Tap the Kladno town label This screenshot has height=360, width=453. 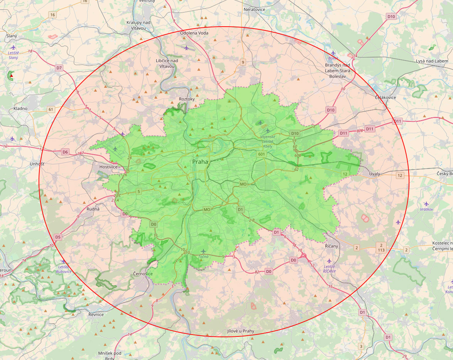pos(20,108)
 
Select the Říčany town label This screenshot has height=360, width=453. pos(331,246)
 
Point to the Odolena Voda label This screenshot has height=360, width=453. pos(194,33)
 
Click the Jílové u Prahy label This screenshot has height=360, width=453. pos(241,331)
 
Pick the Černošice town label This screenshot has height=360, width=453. pos(143,274)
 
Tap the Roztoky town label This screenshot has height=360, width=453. pos(187,99)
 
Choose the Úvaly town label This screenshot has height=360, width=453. pos(374,174)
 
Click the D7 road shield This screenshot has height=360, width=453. pos(59,68)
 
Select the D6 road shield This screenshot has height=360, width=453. pos(65,152)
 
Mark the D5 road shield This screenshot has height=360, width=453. pos(58,237)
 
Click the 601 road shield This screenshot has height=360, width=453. pos(262,154)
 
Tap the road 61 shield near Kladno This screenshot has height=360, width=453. pos(51,110)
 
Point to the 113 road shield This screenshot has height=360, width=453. pos(381,250)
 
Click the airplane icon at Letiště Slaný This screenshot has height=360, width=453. pos(13,47)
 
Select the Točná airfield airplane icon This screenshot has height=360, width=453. pos(204,252)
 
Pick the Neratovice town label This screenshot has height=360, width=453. pos(254,9)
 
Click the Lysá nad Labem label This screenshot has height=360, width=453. pos(432,61)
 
